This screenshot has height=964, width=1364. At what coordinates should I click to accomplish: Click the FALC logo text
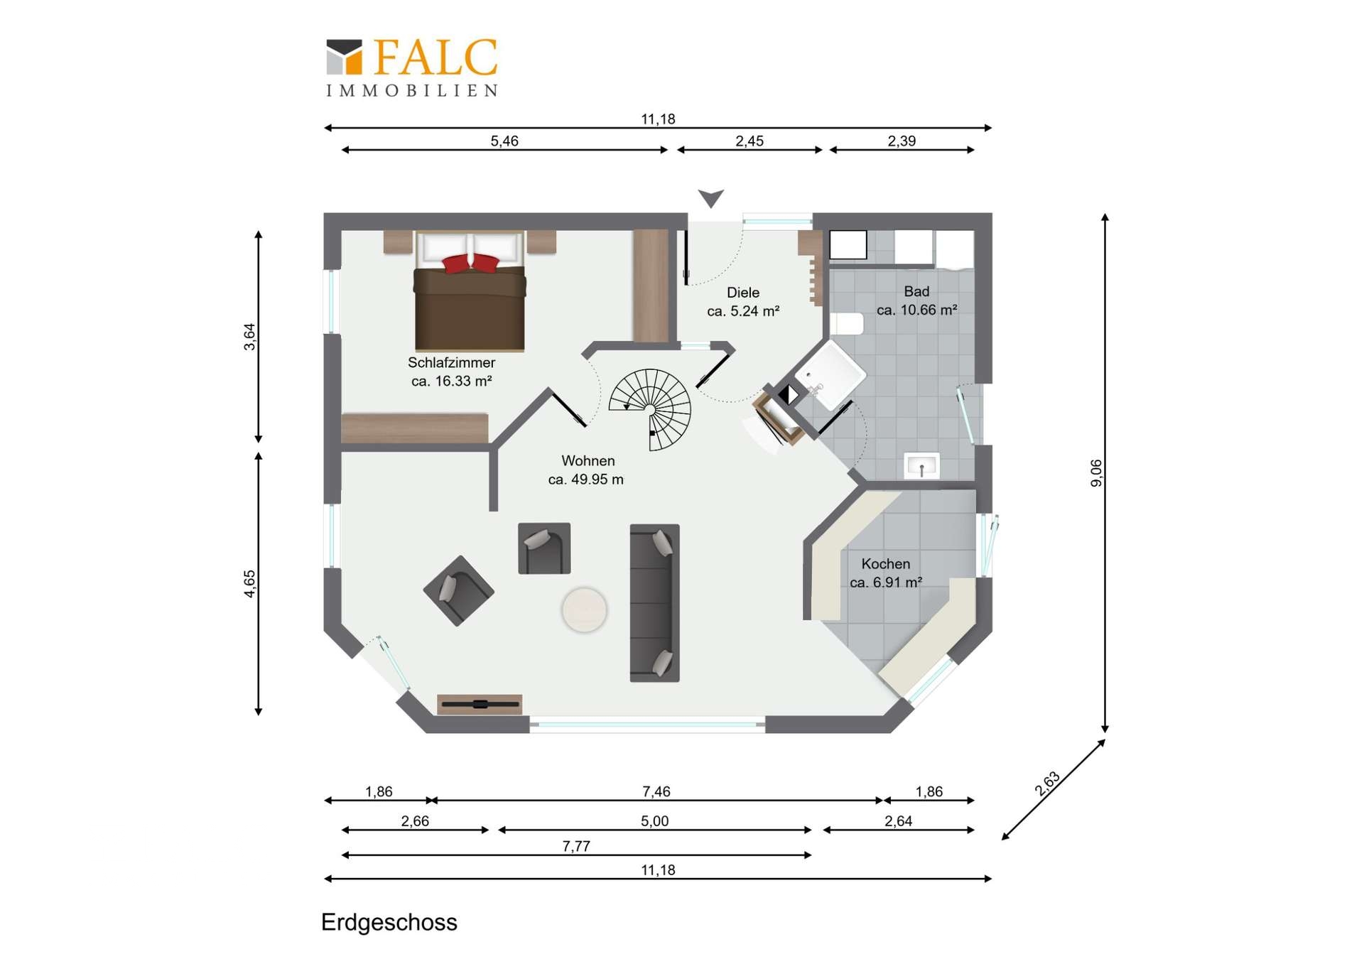point(435,57)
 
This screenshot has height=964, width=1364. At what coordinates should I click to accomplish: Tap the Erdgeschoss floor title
point(389,922)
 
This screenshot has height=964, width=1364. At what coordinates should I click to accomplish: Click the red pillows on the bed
point(470,263)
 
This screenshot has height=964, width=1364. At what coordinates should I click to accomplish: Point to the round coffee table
point(585,610)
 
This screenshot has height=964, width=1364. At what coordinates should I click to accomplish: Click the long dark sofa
point(654,603)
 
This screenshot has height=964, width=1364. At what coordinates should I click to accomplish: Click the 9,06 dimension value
point(1096,473)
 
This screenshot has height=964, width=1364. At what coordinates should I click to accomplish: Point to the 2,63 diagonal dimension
point(1047,783)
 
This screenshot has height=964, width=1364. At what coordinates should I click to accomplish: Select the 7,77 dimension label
point(576,846)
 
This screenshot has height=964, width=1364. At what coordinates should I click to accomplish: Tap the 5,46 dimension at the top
point(504,141)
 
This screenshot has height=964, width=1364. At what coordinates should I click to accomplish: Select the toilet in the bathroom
point(847,324)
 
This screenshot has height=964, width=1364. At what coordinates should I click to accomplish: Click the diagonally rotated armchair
point(458,590)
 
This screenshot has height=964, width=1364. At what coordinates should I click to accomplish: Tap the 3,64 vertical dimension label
point(249,337)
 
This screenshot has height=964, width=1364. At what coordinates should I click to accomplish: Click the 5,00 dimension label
point(654,821)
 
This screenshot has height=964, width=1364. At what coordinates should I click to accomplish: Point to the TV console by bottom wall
point(480,704)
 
